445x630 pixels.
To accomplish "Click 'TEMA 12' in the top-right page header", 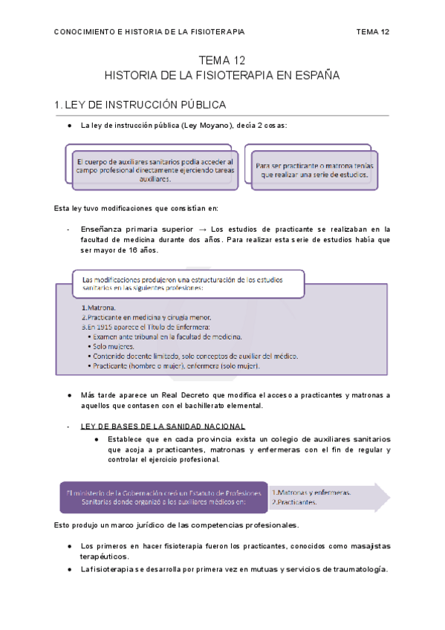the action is pos(373,32).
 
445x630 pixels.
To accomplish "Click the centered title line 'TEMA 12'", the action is pos(222,61).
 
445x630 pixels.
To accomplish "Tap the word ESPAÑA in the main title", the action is pos(316,76).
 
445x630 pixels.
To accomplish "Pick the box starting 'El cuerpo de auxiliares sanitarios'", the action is pos(155,170).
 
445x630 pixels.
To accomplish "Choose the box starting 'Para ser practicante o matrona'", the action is pos(316,170).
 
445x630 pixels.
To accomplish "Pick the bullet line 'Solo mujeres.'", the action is pos(114,346).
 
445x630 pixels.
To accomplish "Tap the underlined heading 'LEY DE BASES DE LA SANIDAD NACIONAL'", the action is pos(157,426).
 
